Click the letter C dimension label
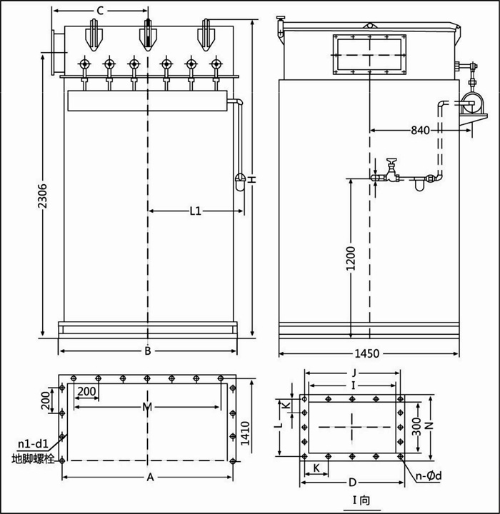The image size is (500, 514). point(100,10)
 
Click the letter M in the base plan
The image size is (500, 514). point(147,407)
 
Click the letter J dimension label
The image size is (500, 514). point(354,371)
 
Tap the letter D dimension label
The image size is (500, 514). point(353,483)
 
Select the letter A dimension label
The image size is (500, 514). point(150,476)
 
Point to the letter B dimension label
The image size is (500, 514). point(147,351)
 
